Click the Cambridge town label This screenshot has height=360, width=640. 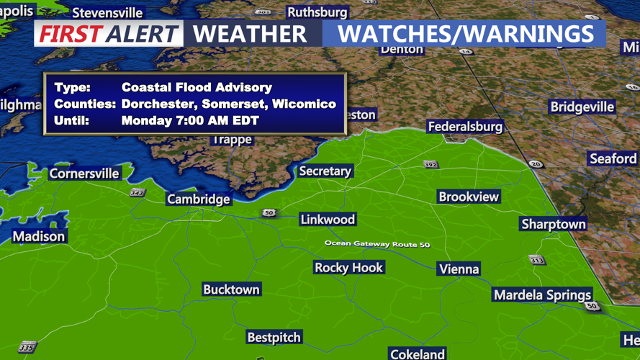pos(198,199)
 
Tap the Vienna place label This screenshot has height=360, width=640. pos(459,269)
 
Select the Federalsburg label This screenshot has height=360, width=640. pos(465,127)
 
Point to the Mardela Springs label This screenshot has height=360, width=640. pos(542,295)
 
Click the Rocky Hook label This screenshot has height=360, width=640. pos(349,268)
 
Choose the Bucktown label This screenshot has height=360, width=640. pos(231,289)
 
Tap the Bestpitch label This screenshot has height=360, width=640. pos(274,337)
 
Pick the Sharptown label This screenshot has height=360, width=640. pos(553,225)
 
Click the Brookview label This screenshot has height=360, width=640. pos(469,197)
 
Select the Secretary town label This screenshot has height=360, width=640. pos(325,171)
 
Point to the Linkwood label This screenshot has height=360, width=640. pos(328,220)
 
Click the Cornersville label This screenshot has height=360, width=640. pos(84,174)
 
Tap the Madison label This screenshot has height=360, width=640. pos(39,236)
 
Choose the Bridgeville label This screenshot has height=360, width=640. pos(582,107)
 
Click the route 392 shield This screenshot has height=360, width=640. pos(431,165)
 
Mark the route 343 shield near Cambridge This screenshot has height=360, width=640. pos(137,193)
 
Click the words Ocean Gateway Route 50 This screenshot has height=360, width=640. pos(377,244)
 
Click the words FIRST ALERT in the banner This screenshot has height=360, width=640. pos(109,34)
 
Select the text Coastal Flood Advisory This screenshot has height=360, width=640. pos(197,87)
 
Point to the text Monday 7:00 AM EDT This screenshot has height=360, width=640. pos(190,120)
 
